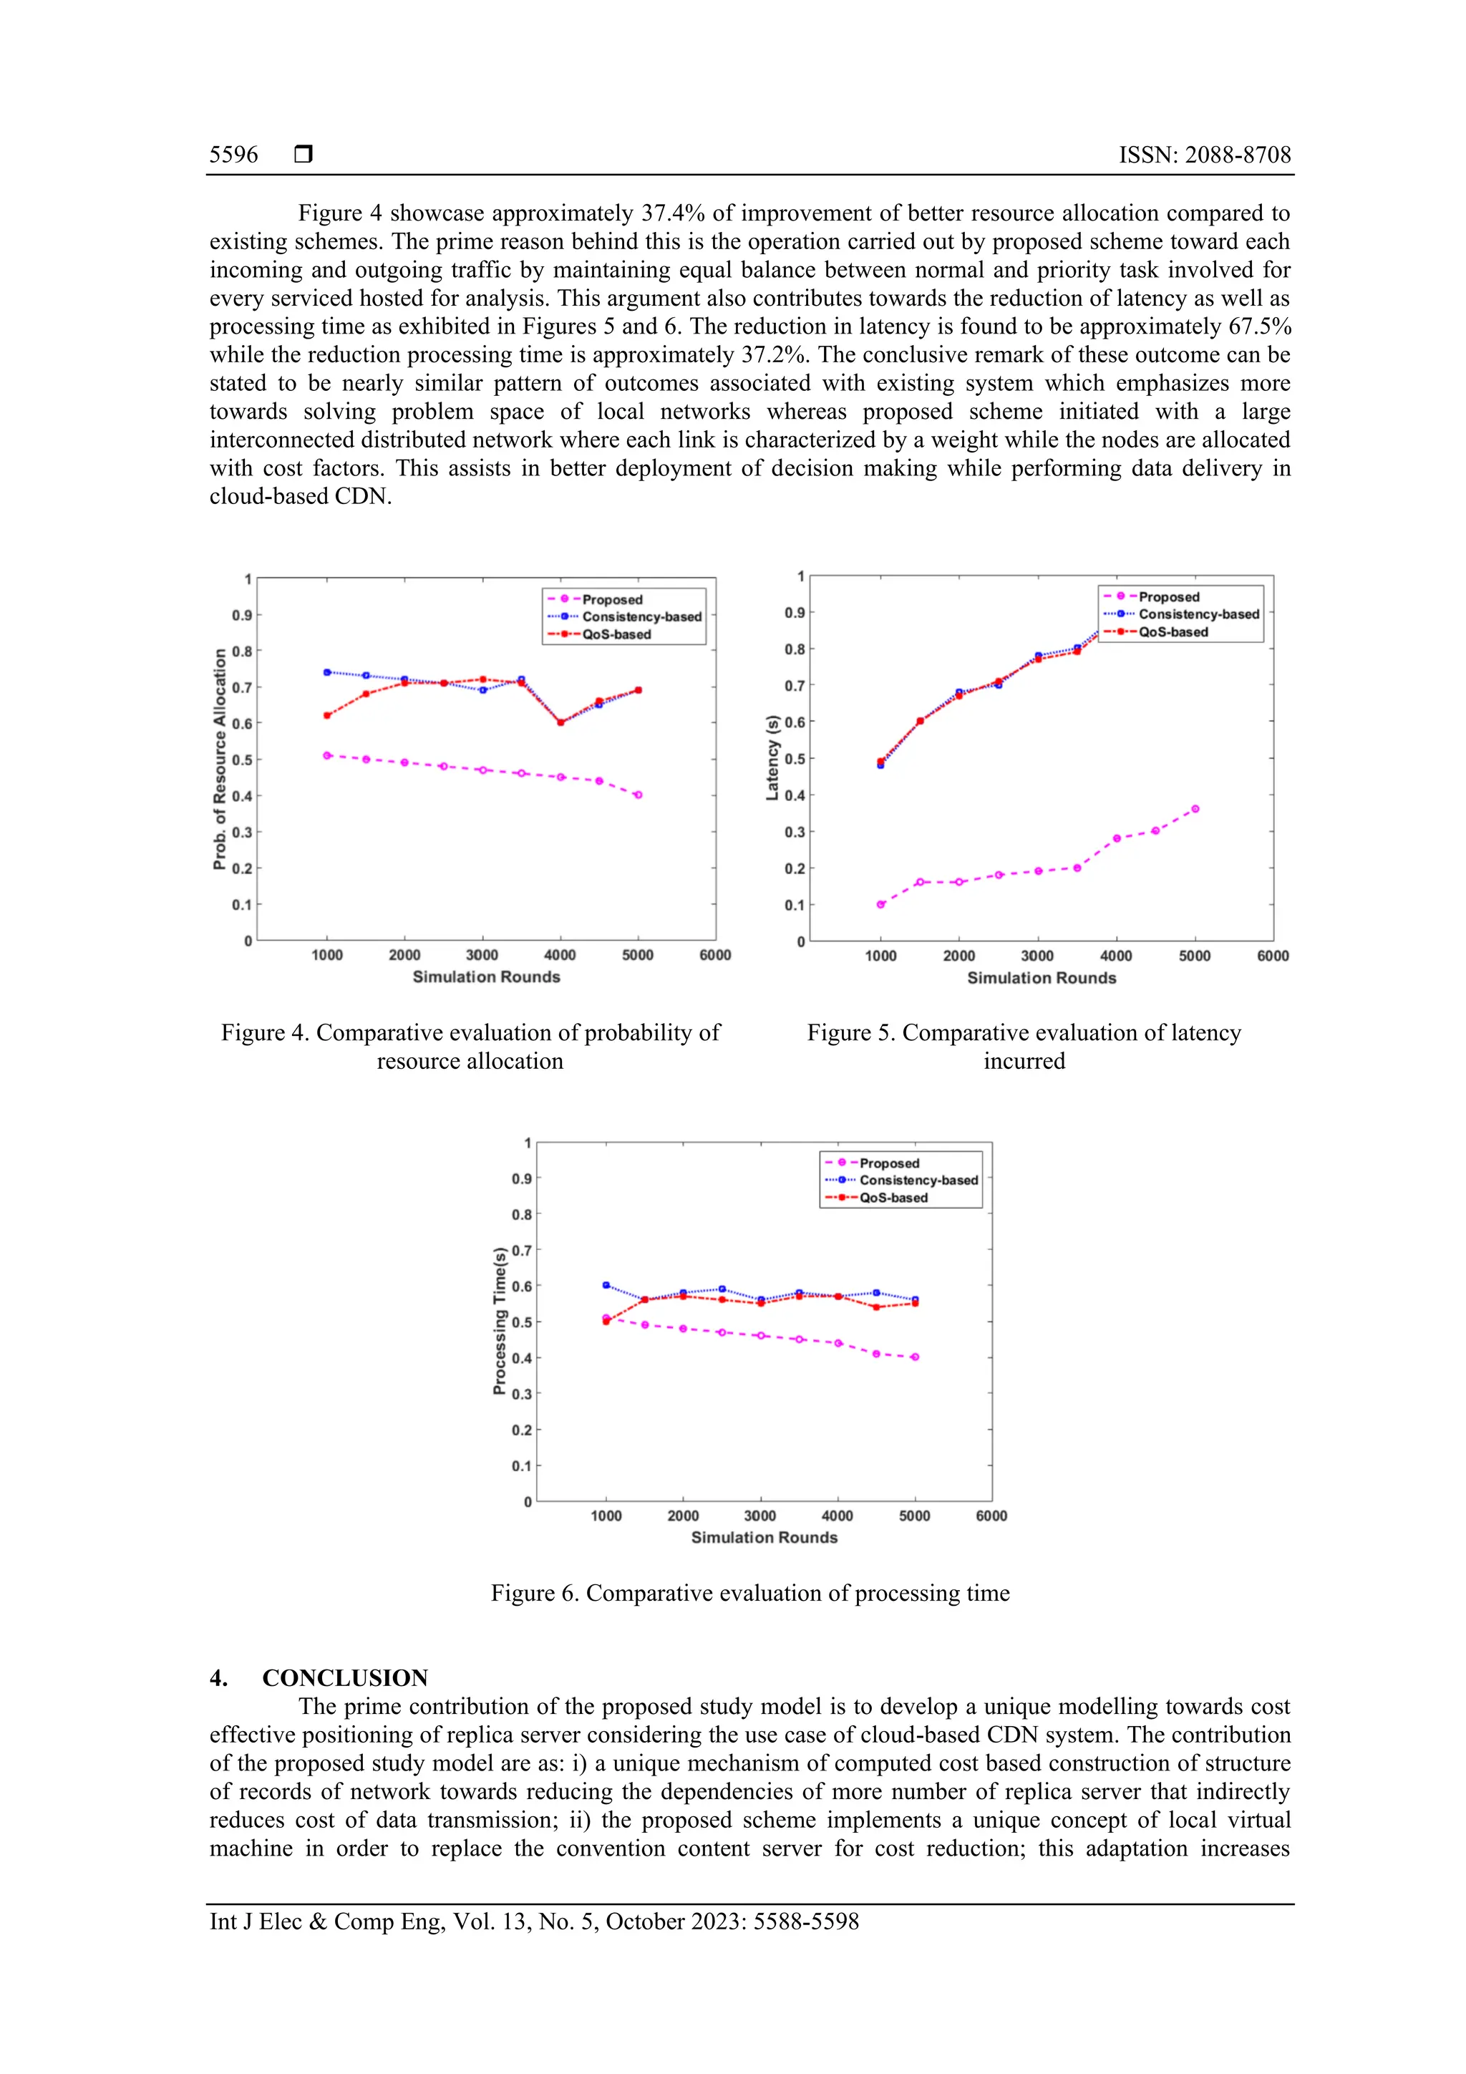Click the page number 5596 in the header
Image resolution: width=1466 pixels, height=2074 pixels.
click(233, 155)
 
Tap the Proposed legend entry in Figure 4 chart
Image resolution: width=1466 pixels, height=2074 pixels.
click(611, 599)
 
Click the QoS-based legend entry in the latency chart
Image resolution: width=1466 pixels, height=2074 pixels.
click(1173, 631)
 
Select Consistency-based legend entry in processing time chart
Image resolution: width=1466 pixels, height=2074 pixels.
click(918, 1180)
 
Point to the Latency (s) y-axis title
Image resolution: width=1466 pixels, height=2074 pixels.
click(772, 757)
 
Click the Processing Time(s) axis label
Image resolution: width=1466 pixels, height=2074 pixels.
click(500, 1321)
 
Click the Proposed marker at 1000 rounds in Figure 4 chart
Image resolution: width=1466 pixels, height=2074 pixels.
click(327, 755)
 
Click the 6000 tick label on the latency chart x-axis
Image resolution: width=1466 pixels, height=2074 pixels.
click(1272, 956)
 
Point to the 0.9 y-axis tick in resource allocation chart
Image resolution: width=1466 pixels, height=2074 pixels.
click(241, 615)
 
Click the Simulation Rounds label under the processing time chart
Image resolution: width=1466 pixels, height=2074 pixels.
click(764, 1538)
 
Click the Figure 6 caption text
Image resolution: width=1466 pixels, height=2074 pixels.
click(749, 1592)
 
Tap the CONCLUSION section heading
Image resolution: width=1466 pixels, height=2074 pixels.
click(344, 1677)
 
